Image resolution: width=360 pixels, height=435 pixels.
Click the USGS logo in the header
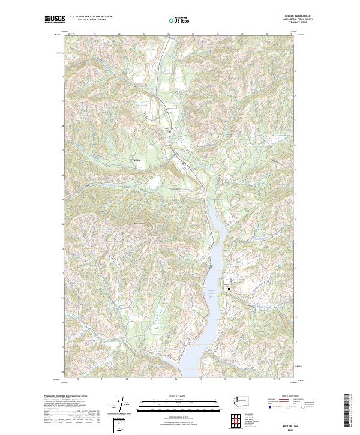tap(55, 19)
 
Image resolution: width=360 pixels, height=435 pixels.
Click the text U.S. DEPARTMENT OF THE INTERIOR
tap(91, 17)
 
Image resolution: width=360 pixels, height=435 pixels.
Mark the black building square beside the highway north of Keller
tap(169, 132)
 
